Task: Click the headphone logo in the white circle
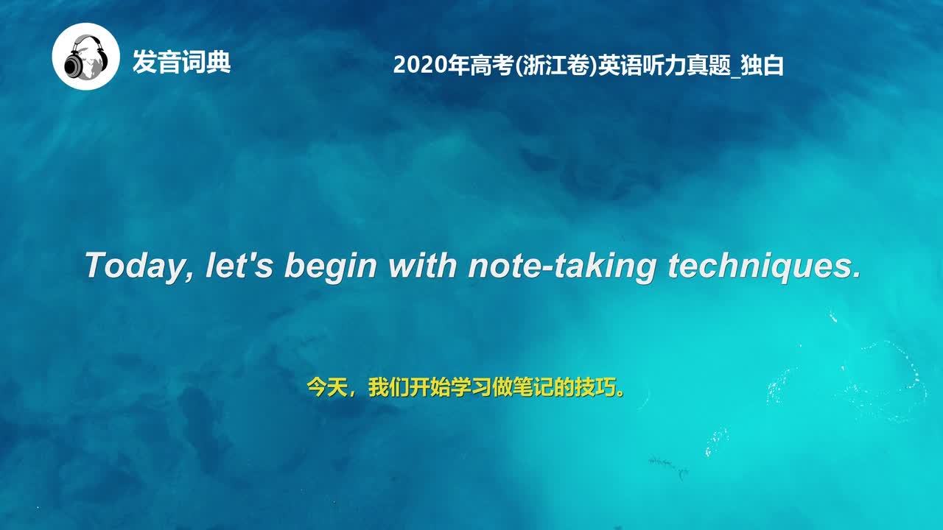point(85,57)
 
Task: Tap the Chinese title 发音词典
point(181,63)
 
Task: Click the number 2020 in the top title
point(416,66)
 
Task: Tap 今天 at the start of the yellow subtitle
point(326,388)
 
